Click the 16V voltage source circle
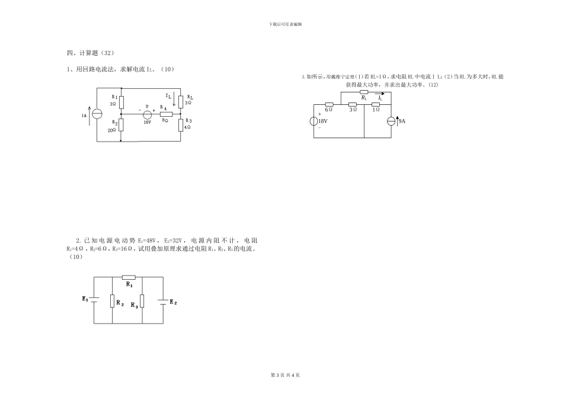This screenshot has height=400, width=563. coord(148,113)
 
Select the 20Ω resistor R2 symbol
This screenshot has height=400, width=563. coord(121,124)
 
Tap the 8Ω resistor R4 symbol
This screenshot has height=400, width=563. coord(166,113)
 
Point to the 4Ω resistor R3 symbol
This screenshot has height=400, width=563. coord(180,124)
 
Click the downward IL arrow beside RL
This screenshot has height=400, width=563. coord(174,99)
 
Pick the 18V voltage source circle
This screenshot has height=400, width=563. coord(314,121)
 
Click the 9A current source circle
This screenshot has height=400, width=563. coord(391,121)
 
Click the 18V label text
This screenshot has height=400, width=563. coord(323,121)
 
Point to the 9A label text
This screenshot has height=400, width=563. coord(401,121)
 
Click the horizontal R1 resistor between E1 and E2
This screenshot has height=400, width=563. coord(129,277)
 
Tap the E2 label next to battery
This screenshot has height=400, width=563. coord(173,303)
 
